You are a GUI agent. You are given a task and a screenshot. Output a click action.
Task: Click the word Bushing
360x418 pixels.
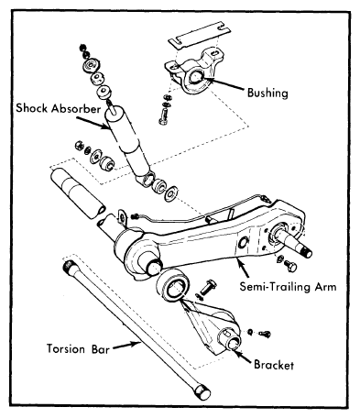click(x=267, y=93)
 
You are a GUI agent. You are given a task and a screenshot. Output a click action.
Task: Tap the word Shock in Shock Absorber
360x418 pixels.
click(x=32, y=108)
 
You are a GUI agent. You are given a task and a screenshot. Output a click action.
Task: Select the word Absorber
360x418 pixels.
click(x=76, y=108)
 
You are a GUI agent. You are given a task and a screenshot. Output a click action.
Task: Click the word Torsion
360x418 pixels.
click(x=66, y=348)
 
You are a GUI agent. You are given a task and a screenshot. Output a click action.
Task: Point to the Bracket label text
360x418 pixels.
click(x=274, y=365)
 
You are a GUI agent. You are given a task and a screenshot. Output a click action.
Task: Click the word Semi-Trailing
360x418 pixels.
click(x=273, y=287)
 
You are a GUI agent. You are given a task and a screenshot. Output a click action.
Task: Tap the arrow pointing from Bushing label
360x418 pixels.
click(x=224, y=83)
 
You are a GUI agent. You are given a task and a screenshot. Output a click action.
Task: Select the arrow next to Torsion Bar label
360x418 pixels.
click(x=126, y=346)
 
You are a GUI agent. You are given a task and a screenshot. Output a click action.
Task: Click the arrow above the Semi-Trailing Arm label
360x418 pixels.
click(x=243, y=268)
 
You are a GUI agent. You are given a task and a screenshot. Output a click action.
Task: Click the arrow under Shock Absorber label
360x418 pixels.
click(x=93, y=123)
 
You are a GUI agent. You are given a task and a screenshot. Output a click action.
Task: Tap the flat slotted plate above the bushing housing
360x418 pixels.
click(x=199, y=34)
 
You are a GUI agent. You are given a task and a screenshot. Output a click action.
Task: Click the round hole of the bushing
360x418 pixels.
click(x=195, y=76)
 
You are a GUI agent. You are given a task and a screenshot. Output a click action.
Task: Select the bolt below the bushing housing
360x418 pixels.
click(x=163, y=117)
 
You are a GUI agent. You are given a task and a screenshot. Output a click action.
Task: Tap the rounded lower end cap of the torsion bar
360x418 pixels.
click(x=202, y=391)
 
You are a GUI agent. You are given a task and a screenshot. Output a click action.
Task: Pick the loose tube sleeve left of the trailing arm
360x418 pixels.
click(x=78, y=193)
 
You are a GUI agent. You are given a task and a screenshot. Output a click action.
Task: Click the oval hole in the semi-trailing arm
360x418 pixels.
click(x=244, y=242)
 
